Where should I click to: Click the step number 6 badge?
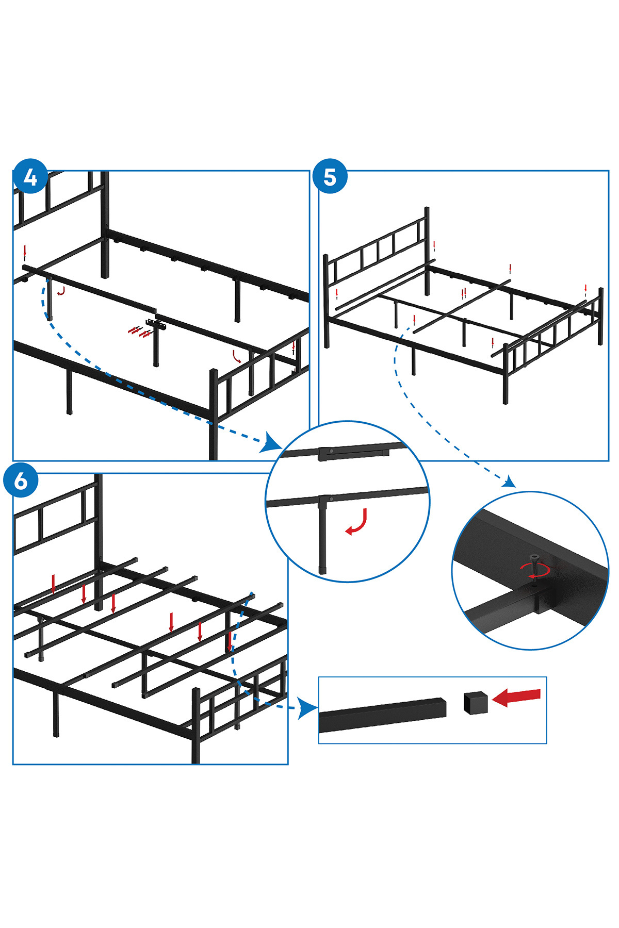pyautogui.click(x=21, y=480)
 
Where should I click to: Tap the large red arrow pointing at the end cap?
pyautogui.click(x=516, y=697)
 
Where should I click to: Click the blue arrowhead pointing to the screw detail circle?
pyautogui.click(x=509, y=482)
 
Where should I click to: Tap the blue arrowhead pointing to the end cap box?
pyautogui.click(x=308, y=709)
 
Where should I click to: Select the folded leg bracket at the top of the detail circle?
pyautogui.click(x=353, y=453)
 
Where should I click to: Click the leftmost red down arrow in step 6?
pyautogui.click(x=53, y=584)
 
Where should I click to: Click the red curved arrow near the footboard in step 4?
pyautogui.click(x=237, y=356)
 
